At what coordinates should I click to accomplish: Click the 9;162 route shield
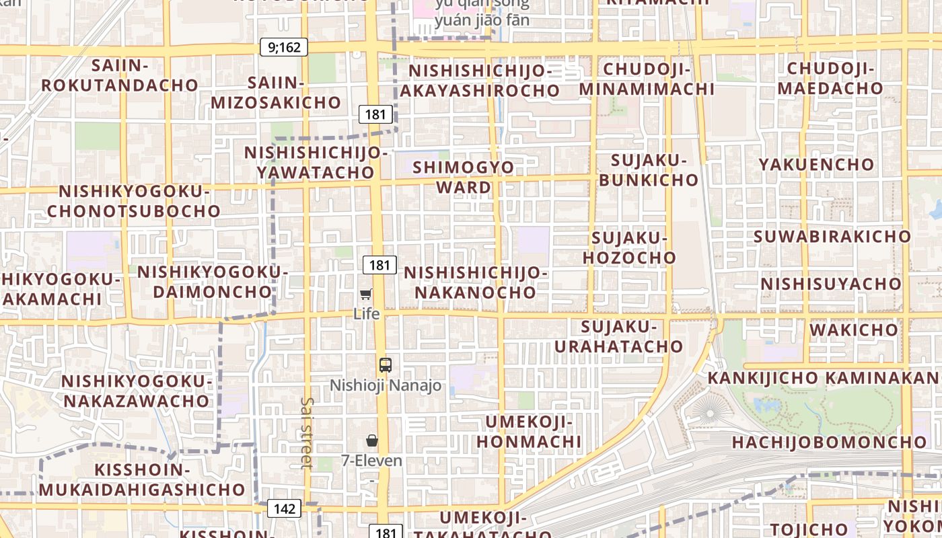tap(284, 47)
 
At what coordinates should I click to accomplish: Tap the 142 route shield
tap(284, 508)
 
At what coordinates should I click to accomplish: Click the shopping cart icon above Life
tap(366, 294)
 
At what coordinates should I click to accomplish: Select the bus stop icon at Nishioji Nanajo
tap(385, 365)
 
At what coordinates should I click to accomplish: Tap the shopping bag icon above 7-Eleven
tap(371, 440)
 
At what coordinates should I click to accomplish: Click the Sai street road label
tap(307, 432)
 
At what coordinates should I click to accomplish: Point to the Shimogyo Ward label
tap(464, 177)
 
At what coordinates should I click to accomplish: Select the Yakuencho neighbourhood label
tap(816, 165)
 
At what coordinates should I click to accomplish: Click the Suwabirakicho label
tap(832, 237)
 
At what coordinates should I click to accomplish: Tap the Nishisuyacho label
tap(831, 284)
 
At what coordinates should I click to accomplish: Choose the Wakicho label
tap(854, 330)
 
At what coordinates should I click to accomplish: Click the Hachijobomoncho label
tap(829, 443)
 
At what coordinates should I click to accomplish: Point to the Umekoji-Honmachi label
tap(528, 432)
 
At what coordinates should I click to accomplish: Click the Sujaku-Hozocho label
tap(629, 247)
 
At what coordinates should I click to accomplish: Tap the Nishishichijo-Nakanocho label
tap(476, 282)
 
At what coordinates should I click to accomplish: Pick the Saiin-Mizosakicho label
tap(276, 92)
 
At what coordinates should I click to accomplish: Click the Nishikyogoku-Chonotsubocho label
tap(134, 201)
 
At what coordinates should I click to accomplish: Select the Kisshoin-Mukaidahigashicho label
tap(141, 479)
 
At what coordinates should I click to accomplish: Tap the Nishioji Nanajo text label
tap(386, 386)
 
